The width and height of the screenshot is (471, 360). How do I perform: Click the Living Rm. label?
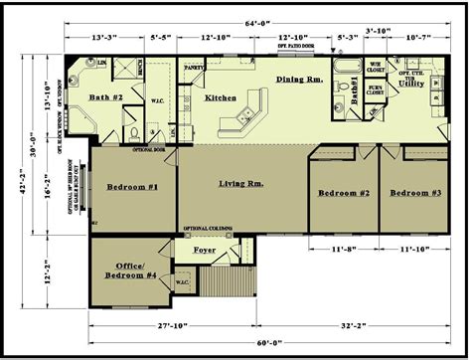click(241, 184)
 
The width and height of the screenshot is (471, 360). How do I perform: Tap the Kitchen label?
click(220, 98)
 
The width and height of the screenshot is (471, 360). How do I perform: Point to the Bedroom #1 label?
click(133, 187)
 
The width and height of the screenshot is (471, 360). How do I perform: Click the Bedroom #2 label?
click(344, 194)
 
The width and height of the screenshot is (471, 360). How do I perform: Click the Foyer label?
click(205, 251)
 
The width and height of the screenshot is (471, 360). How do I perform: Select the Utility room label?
click(411, 87)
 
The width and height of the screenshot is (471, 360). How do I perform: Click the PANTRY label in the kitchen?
click(194, 70)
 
